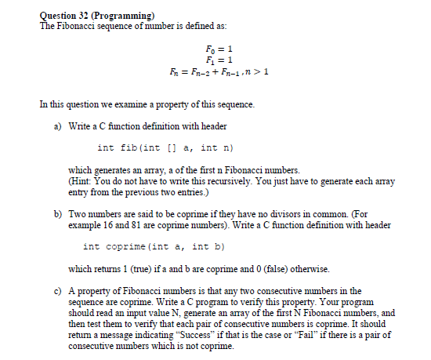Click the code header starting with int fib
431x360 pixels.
[x=166, y=147]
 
